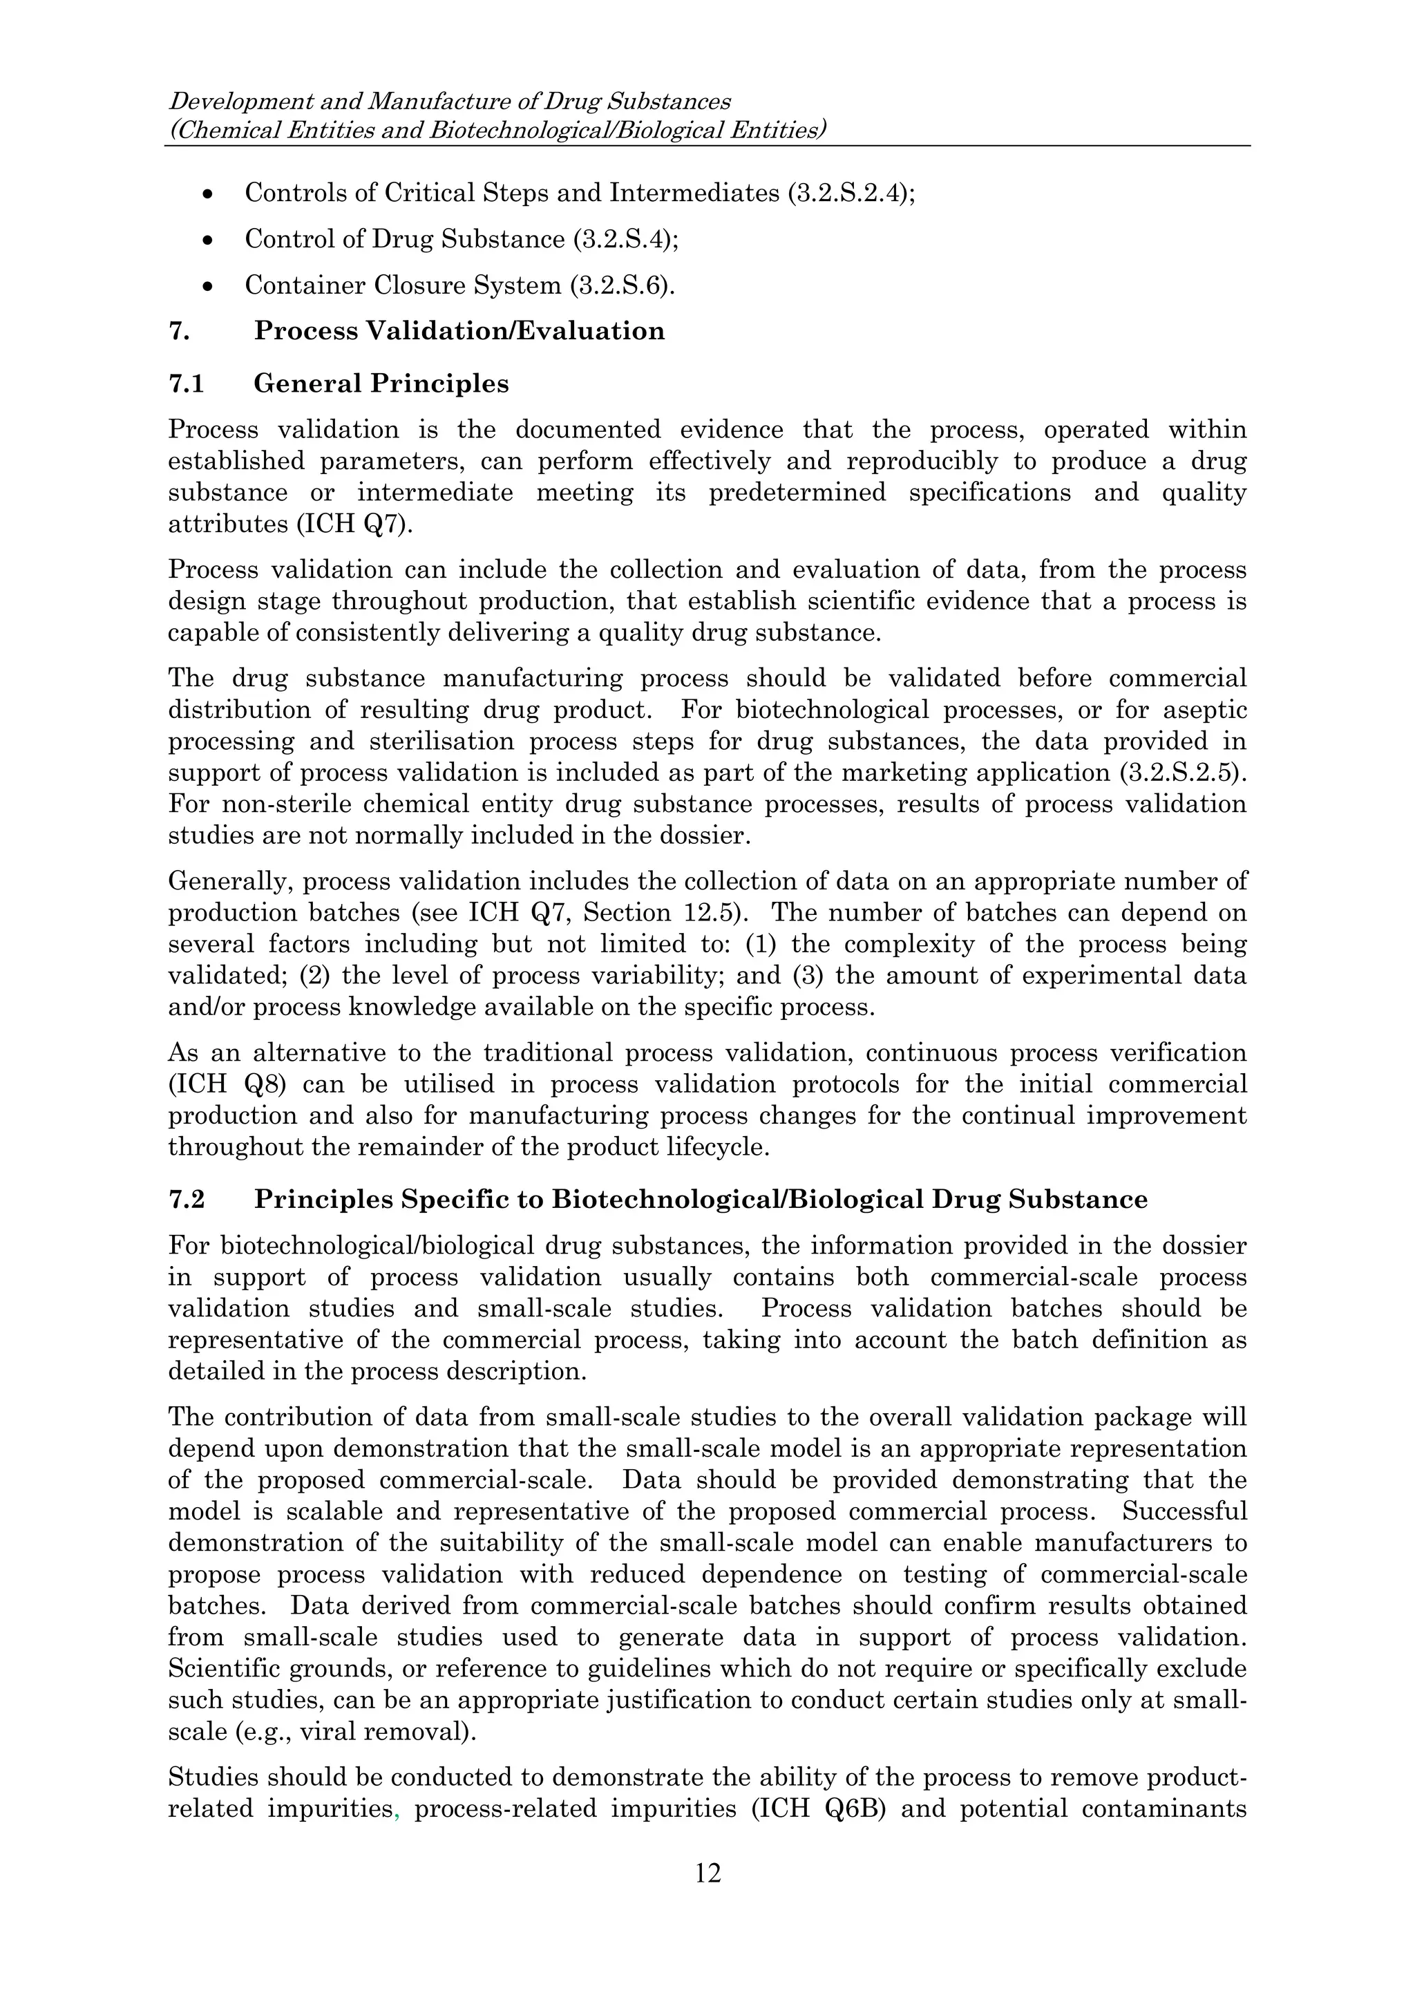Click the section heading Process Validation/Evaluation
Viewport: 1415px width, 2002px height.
coord(459,331)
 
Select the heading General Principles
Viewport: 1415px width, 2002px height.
coord(381,384)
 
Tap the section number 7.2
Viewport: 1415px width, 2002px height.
coord(186,1200)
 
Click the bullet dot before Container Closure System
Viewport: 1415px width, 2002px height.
coord(207,286)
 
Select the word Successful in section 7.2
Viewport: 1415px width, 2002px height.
coord(1185,1511)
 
